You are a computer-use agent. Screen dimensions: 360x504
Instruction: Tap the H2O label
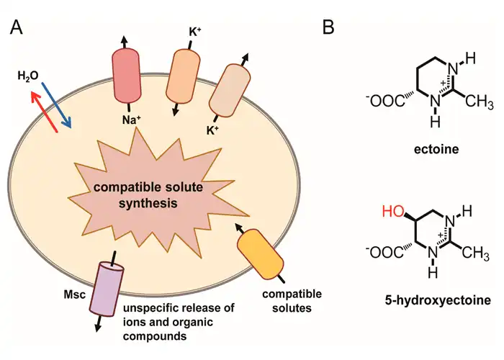pyautogui.click(x=29, y=74)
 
